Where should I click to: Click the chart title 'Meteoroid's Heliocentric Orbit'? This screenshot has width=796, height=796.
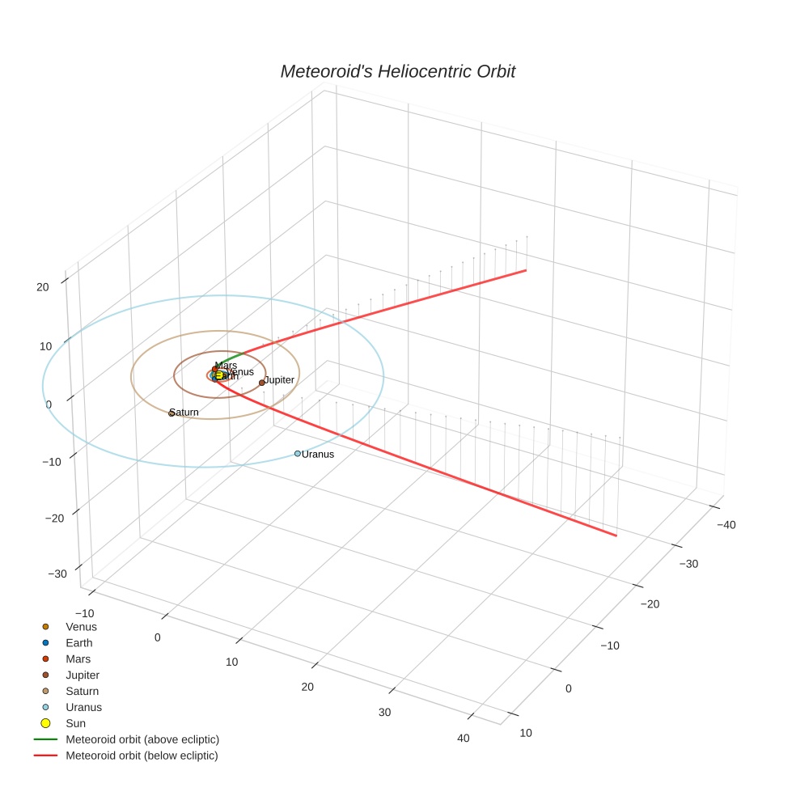[397, 72]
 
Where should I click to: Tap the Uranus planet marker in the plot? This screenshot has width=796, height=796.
[298, 454]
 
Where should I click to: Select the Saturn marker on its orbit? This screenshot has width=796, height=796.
[171, 413]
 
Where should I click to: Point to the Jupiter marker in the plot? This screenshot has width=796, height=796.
[262, 383]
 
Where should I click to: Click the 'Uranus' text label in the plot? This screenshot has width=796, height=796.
[318, 455]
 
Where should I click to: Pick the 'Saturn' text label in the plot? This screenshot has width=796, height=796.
[185, 413]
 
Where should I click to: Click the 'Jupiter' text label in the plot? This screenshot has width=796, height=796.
[280, 380]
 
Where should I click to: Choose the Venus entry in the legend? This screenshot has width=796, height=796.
[81, 627]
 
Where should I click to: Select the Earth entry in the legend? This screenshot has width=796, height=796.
[79, 643]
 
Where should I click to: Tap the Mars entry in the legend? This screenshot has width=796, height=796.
[78, 659]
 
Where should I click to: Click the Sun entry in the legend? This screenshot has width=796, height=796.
[75, 723]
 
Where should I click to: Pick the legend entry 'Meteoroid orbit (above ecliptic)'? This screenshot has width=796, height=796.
[142, 739]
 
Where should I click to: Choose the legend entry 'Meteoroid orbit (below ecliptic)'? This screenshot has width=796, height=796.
[142, 756]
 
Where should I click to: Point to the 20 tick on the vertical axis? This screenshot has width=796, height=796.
[43, 286]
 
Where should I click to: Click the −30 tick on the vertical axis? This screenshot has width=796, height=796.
[57, 574]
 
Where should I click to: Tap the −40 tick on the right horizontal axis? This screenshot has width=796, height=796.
[725, 524]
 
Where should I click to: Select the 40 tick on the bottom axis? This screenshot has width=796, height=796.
[464, 738]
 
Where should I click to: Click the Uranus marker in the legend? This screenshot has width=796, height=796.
[46, 707]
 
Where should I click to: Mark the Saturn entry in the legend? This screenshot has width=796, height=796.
[82, 691]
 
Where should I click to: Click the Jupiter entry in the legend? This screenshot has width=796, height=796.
[83, 675]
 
